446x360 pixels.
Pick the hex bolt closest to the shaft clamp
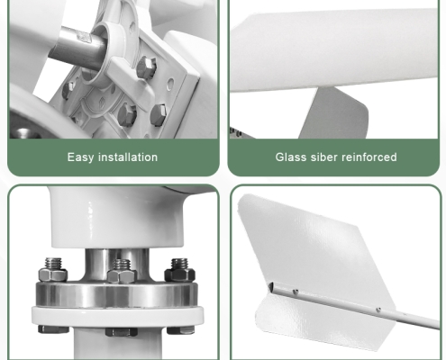pos(146,67)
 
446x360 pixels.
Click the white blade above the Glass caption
pos(333,49)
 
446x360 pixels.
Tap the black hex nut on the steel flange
pos(180,271)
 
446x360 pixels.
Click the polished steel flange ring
pos(117,295)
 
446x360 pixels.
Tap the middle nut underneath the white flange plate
pos(122,332)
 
